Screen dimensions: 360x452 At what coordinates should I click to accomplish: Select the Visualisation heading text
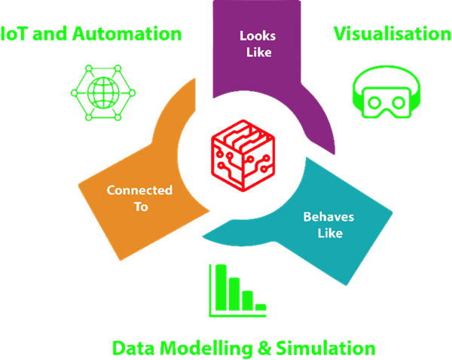[392, 34]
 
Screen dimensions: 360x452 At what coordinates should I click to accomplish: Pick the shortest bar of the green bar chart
[260, 307]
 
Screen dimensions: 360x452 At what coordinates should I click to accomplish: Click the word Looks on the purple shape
[255, 35]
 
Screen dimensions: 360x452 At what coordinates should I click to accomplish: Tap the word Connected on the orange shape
[139, 190]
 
